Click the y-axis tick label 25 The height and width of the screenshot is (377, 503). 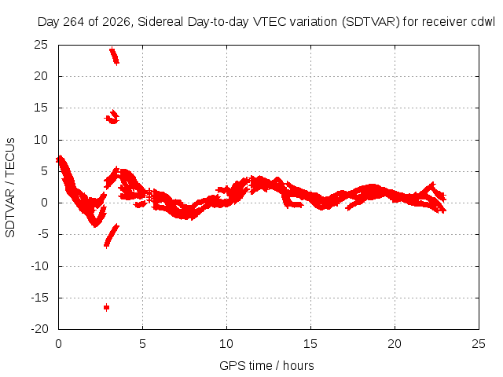(41, 45)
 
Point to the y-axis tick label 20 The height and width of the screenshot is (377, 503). (41, 76)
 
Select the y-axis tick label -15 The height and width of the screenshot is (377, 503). (39, 298)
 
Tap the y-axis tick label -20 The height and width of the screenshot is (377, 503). (39, 329)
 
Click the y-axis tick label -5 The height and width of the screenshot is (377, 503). (42, 234)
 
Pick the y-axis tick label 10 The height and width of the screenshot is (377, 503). (41, 140)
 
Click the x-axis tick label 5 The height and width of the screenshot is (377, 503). (142, 344)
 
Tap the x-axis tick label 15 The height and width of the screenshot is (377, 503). (310, 344)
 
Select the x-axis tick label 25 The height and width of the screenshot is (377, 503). (479, 344)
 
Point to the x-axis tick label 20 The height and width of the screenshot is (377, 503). (395, 344)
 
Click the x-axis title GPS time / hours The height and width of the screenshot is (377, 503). (266, 365)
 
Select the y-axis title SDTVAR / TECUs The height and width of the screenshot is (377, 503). (10, 188)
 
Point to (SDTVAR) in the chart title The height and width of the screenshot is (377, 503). (371, 22)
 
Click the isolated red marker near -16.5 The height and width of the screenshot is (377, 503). (107, 307)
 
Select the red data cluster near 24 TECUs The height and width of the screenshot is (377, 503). (114, 56)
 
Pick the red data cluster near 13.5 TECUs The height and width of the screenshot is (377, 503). (112, 117)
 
